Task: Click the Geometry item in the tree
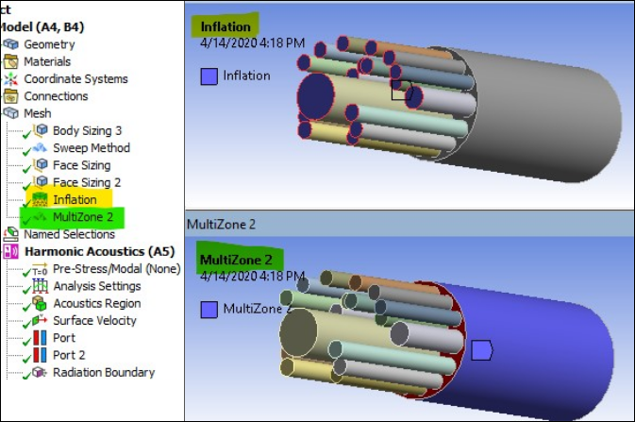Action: pyautogui.click(x=49, y=44)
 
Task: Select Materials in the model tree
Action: pyautogui.click(x=47, y=61)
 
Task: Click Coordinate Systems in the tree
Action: pyautogui.click(x=75, y=79)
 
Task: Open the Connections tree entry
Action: pyautogui.click(x=56, y=96)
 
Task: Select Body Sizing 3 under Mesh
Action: pyautogui.click(x=87, y=131)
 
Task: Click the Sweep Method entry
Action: pyautogui.click(x=91, y=148)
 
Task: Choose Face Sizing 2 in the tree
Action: pyautogui.click(x=86, y=182)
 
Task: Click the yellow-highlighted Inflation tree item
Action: pyautogui.click(x=75, y=199)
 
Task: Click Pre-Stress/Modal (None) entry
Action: pyautogui.click(x=116, y=269)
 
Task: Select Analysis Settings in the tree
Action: pyautogui.click(x=97, y=286)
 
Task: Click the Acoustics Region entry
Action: pyautogui.click(x=96, y=303)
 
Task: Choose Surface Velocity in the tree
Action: pyautogui.click(x=94, y=321)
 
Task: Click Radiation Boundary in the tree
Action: pyautogui.click(x=103, y=372)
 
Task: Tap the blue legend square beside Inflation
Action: pyautogui.click(x=209, y=76)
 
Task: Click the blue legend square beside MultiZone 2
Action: pyautogui.click(x=209, y=310)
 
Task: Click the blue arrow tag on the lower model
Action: pyautogui.click(x=481, y=350)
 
